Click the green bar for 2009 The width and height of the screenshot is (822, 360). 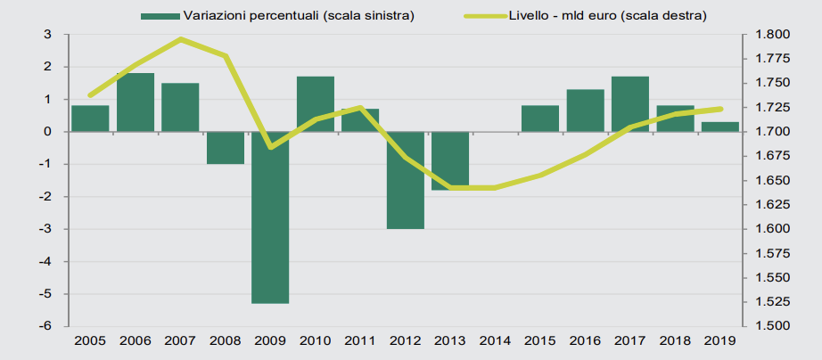pyautogui.click(x=269, y=217)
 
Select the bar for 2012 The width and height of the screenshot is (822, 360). pyautogui.click(x=405, y=180)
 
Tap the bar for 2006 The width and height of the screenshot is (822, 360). pyautogui.click(x=136, y=102)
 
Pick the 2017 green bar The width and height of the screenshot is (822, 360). pyautogui.click(x=629, y=104)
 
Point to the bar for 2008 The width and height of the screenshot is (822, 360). pyautogui.click(x=225, y=148)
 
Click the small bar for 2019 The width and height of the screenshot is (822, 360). pyautogui.click(x=719, y=127)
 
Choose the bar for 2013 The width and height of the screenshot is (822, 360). pyautogui.click(x=449, y=161)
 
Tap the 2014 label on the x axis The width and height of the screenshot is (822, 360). pyautogui.click(x=495, y=340)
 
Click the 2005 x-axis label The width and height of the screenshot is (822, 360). pyautogui.click(x=90, y=340)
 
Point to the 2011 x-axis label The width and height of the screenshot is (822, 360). pyautogui.click(x=359, y=340)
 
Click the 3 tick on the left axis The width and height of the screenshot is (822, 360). pyautogui.click(x=46, y=35)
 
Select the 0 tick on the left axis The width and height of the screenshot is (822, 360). pyautogui.click(x=46, y=132)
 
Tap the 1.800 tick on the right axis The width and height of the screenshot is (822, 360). pyautogui.click(x=768, y=35)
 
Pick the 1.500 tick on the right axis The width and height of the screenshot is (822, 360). pyautogui.click(x=768, y=326)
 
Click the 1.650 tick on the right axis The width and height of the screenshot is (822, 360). pyautogui.click(x=768, y=181)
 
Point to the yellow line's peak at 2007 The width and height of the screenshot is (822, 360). pyautogui.click(x=180, y=39)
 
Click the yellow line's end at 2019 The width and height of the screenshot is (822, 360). pyautogui.click(x=719, y=109)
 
